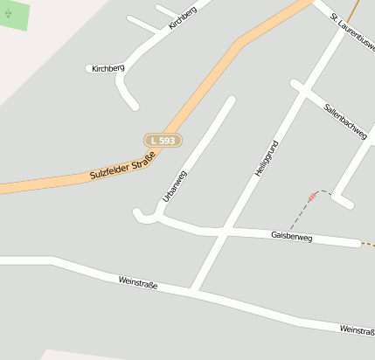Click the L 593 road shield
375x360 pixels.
coord(163,140)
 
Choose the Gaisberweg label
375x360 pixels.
coord(291,237)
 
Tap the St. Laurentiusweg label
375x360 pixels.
coord(353,31)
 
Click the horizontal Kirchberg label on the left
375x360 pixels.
coord(108,68)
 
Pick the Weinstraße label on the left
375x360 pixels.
coord(138,281)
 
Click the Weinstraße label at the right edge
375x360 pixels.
coord(357,329)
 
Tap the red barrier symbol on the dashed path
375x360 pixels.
coord(312,197)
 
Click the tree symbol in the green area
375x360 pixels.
coord(9,13)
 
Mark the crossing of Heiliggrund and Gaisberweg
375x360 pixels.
coord(224,232)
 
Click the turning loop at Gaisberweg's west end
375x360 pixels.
coord(139,212)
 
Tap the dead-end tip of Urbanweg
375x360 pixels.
coord(232,100)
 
